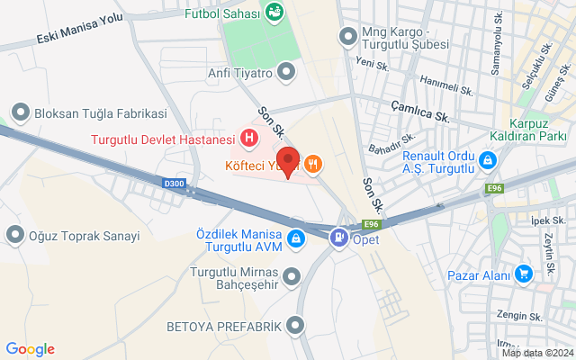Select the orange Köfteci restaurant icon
click(x=313, y=164)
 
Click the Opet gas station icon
click(x=340, y=239)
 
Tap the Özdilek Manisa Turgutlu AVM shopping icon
click(x=295, y=239)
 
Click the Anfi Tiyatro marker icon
click(x=286, y=70)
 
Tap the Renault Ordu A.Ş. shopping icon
click(x=487, y=160)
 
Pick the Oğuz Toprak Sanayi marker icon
click(x=14, y=236)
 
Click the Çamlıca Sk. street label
click(x=420, y=116)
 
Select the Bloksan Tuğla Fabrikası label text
click(x=101, y=114)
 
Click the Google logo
click(x=30, y=349)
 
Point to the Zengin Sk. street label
click(x=520, y=317)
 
